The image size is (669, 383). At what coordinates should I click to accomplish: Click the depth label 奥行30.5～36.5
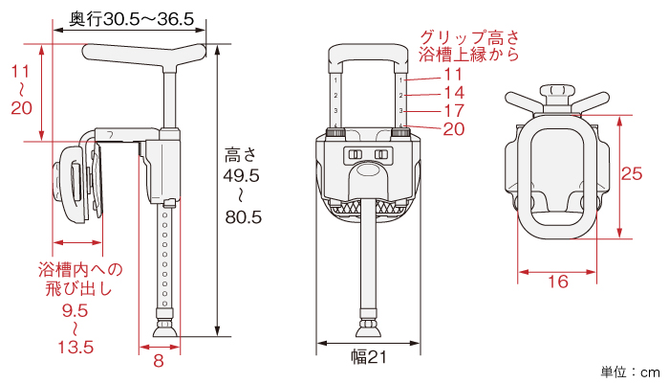click(x=132, y=19)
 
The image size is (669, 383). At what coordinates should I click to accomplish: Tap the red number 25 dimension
click(x=632, y=173)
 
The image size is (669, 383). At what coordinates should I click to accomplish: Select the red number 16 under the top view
click(x=558, y=282)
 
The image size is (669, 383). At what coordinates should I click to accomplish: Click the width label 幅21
click(x=369, y=357)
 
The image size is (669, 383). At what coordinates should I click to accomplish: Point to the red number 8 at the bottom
click(x=159, y=361)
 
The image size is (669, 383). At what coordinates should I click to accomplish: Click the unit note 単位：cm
click(x=631, y=372)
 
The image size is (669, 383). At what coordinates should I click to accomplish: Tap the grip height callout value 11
click(x=453, y=75)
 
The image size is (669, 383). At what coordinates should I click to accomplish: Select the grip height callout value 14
click(x=454, y=92)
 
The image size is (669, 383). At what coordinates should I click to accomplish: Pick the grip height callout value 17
click(x=454, y=110)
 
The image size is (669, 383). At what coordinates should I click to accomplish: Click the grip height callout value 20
click(x=454, y=128)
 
